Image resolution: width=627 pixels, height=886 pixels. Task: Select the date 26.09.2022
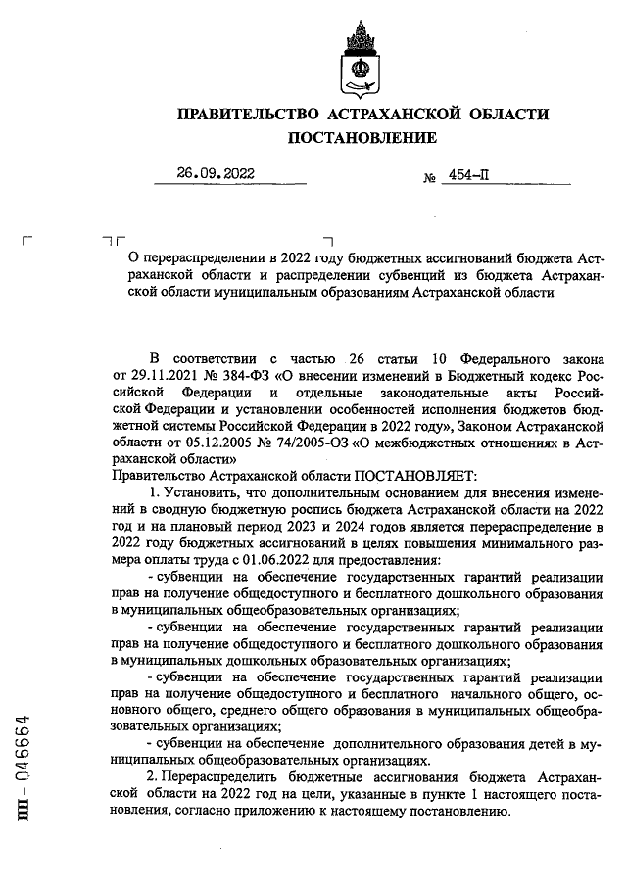216,173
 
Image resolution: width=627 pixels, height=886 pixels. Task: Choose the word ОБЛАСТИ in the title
505,115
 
